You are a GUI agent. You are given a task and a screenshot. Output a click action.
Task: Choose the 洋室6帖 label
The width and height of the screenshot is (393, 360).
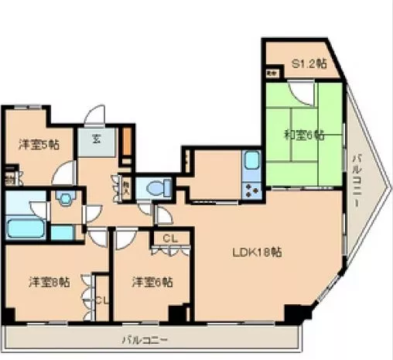tap(151, 281)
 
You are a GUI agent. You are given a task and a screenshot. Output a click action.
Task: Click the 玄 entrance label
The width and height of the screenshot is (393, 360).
tap(97, 140)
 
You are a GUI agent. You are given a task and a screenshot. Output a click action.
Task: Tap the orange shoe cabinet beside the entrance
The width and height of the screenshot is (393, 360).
tap(126, 144)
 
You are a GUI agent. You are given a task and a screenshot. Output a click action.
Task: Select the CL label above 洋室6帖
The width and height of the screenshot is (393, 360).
tap(170, 238)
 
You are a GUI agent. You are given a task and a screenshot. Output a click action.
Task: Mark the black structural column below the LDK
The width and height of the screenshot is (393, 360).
tap(294, 314)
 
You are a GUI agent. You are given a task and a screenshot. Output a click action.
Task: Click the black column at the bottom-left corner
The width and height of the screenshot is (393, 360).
tap(7, 317)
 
